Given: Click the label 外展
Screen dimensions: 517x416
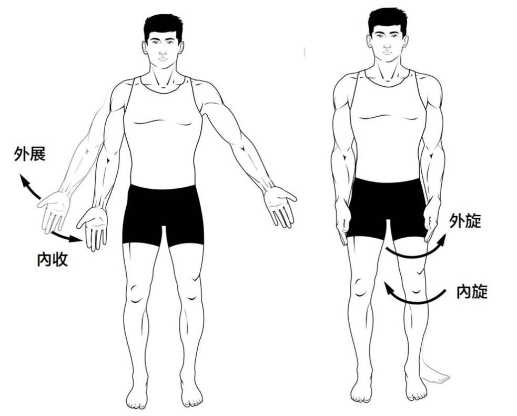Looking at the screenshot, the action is point(29,154).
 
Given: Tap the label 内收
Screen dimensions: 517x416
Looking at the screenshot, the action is point(53,259).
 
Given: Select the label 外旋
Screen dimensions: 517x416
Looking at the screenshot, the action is point(465,221).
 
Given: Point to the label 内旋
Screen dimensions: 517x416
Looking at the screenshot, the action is point(472,291).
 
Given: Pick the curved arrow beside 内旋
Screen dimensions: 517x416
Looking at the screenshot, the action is point(415,298).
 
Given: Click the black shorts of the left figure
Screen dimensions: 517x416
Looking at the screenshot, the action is point(163,214).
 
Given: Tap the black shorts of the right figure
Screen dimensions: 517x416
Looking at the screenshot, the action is point(387,208).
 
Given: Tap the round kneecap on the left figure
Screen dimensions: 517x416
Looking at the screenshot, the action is point(136,292).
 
